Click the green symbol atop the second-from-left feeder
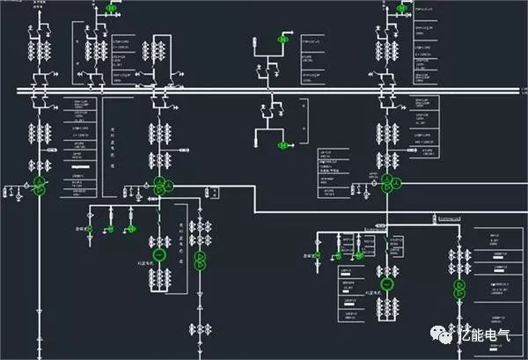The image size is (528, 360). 111,7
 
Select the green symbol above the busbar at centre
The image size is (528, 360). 283,40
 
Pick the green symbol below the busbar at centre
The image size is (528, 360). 282,145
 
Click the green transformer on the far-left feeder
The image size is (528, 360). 39,186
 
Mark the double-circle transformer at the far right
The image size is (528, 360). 458,289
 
